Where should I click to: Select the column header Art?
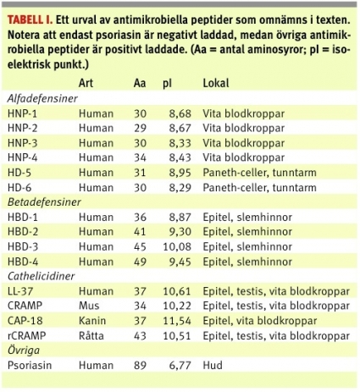(x=86, y=84)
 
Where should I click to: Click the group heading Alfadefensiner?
(x=43, y=98)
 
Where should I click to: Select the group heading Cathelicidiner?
(x=41, y=276)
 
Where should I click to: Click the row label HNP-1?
(x=21, y=113)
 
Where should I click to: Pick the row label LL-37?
(x=20, y=291)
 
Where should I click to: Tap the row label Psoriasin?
(x=28, y=366)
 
